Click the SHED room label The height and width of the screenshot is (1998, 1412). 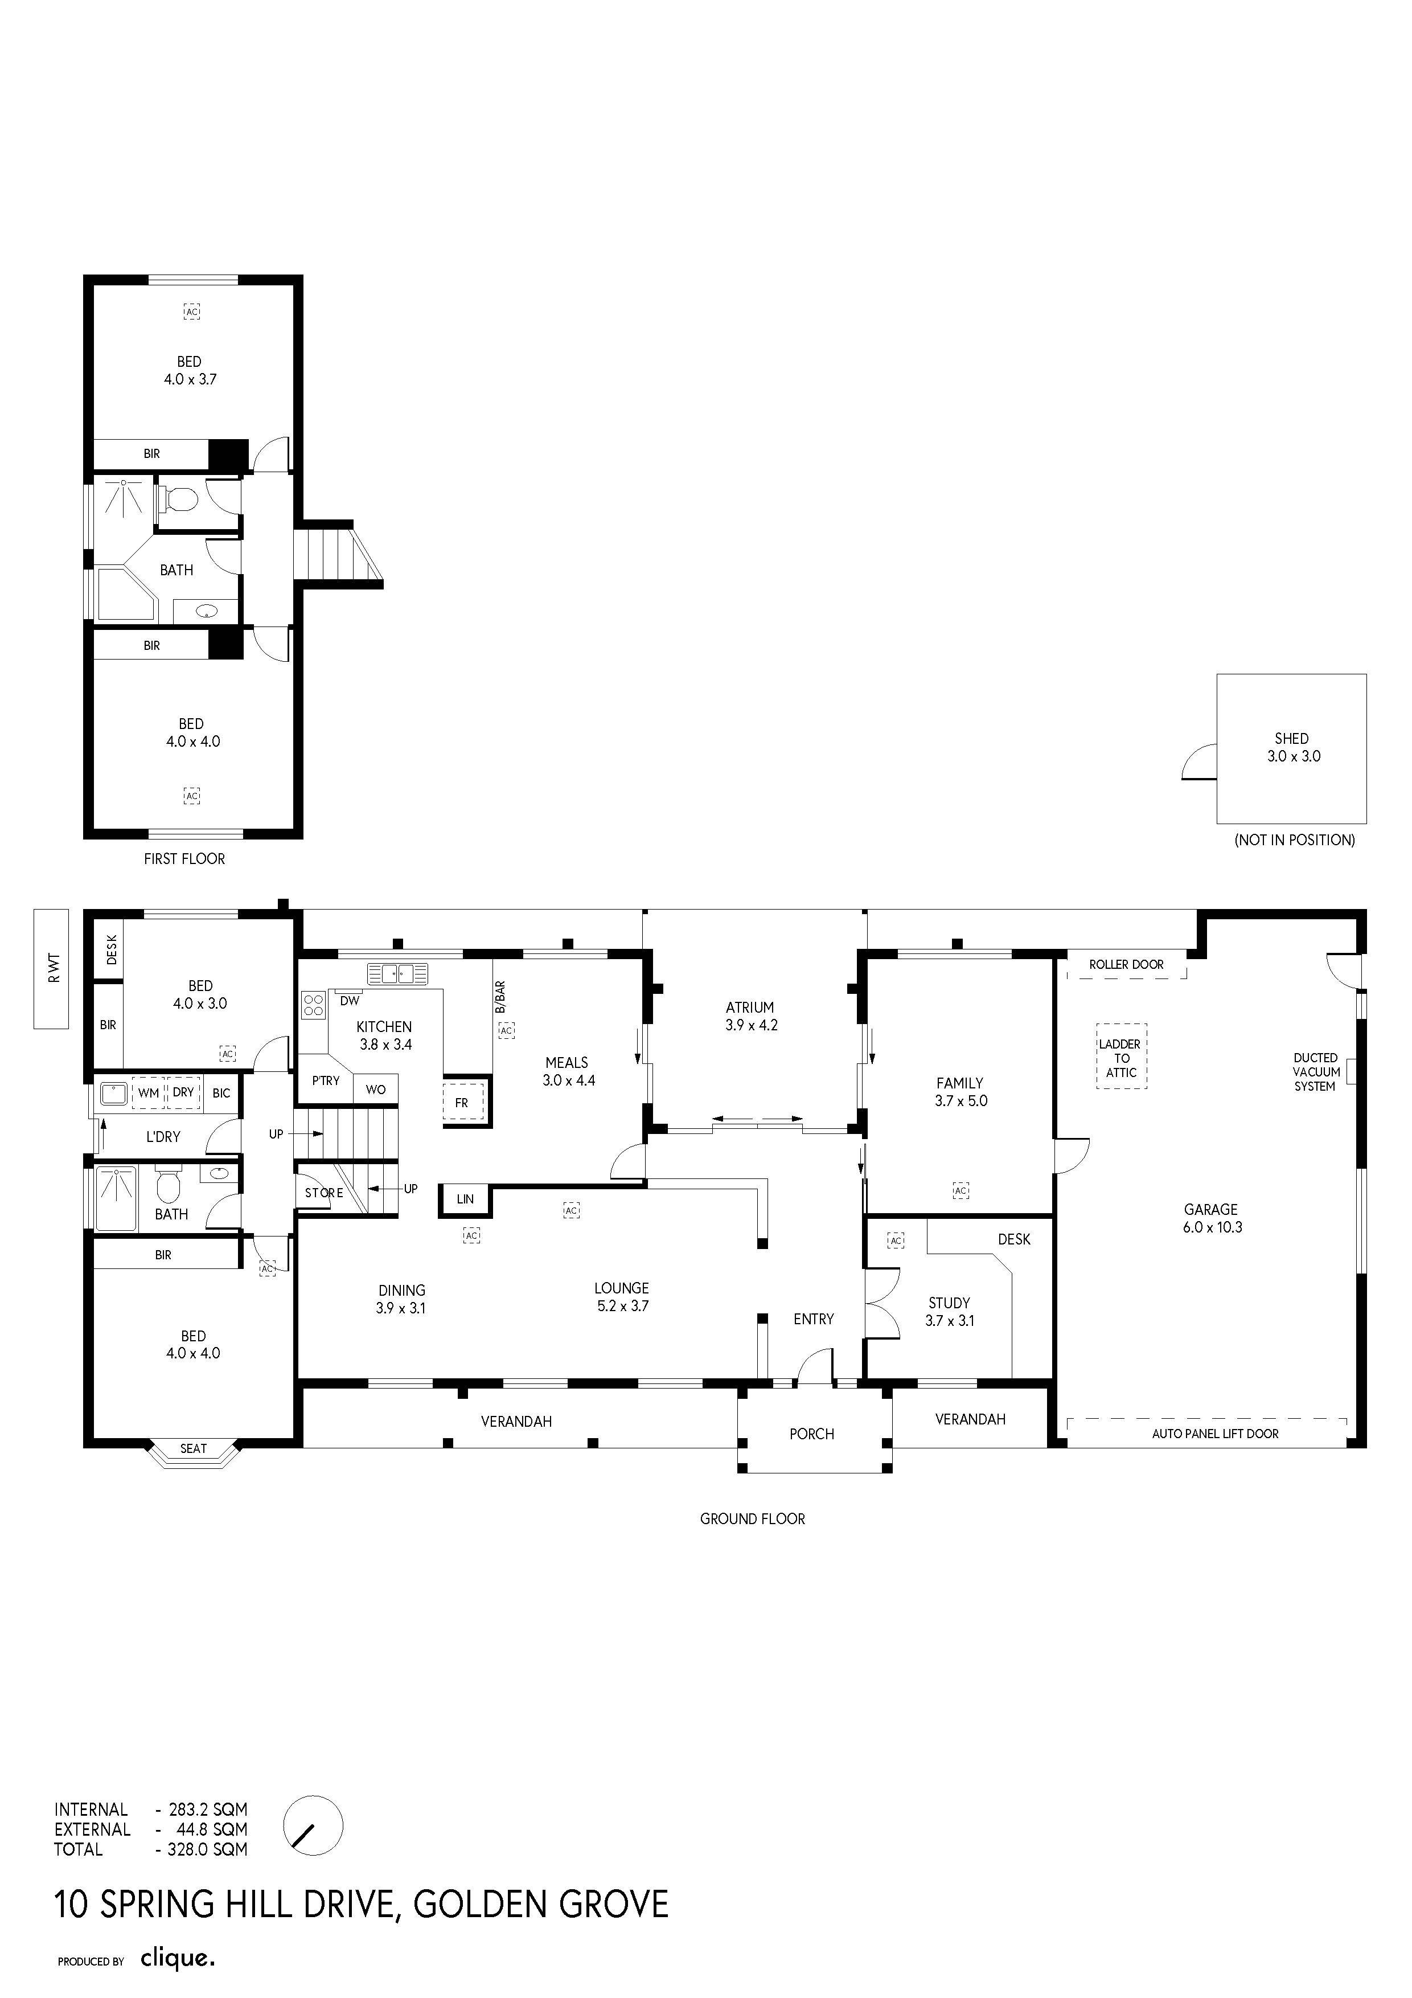click(1292, 738)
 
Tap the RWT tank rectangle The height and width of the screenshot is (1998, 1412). click(51, 969)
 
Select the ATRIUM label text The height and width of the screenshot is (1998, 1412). click(750, 1007)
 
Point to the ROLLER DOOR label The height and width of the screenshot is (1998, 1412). click(1126, 964)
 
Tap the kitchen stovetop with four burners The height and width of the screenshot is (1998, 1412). click(313, 1005)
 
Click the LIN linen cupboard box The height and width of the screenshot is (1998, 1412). click(465, 1199)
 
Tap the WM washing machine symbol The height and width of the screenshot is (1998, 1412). click(148, 1093)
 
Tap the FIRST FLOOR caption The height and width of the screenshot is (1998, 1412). click(184, 859)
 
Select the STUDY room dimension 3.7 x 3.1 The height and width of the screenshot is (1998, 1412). click(949, 1320)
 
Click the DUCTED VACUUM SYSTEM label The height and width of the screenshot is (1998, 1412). click(1315, 1072)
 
